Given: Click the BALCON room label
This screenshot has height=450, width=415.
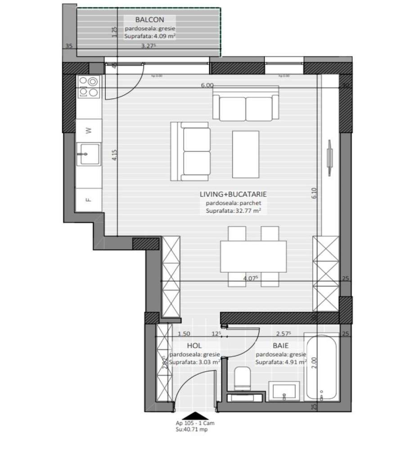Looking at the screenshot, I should coord(149,19).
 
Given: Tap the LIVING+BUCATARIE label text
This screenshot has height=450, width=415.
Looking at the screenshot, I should coord(234,195).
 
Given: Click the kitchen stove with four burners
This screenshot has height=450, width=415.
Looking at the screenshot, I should coord(88,87).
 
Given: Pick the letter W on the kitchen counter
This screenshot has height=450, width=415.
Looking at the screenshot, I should coord(89,131).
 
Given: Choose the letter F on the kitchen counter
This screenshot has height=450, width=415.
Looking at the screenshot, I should coord(89,199).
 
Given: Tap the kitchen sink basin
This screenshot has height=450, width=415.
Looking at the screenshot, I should coord(88,155).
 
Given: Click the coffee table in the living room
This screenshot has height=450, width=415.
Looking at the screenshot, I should coord(245,154).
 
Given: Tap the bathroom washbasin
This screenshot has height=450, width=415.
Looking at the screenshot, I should coord(284,391).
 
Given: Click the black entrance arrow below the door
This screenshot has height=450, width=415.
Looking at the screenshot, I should coord(194,418).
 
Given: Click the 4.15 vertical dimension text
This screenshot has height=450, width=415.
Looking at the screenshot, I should coord(114,155).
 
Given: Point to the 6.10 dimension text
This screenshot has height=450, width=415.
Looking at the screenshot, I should coord(315,193).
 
